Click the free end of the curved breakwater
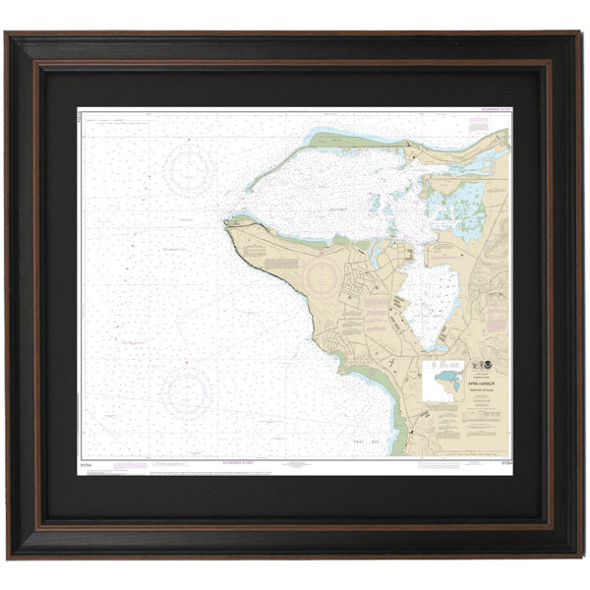click(x=247, y=187)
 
